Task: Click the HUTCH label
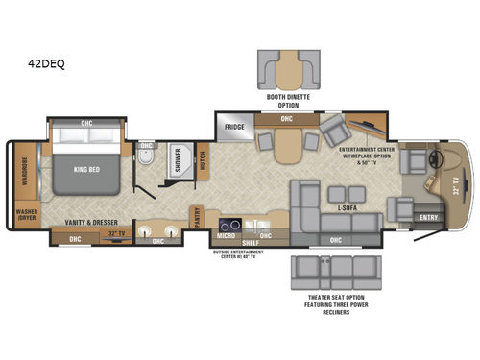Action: click(203, 159)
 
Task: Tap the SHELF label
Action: click(247, 243)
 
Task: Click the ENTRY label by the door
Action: click(428, 218)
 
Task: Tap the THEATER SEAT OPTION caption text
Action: click(330, 301)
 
